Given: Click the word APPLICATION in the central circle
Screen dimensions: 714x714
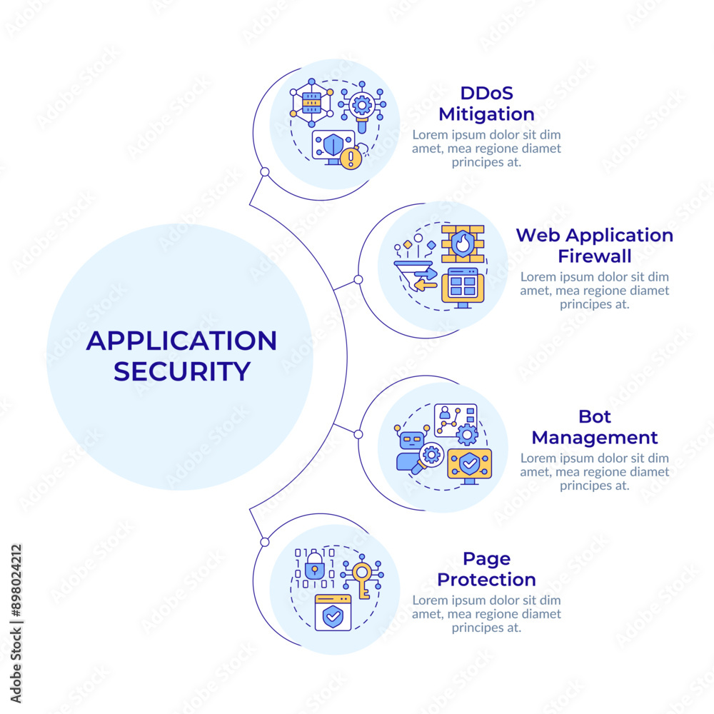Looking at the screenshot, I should [181, 341].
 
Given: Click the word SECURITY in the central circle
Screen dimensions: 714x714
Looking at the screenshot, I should [181, 372].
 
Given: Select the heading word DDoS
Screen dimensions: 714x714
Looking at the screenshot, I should [486, 94].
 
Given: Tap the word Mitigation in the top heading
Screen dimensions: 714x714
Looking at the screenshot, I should [486, 114].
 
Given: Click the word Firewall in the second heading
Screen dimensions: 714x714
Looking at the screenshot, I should [594, 256].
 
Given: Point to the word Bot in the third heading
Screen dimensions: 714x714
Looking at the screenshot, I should [594, 416].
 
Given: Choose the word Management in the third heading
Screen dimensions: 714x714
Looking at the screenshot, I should [594, 437].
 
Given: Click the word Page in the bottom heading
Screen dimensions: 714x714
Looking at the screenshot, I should [486, 558].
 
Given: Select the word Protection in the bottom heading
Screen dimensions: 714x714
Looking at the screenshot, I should [486, 579].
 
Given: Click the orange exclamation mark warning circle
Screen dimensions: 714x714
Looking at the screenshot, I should [349, 159].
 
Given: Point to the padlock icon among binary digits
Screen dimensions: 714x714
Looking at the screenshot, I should [314, 568].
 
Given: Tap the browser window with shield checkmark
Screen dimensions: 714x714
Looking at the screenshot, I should [333, 613].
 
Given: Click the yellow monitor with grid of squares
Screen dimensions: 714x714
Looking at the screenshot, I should [462, 287].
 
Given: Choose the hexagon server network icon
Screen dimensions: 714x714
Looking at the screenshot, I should [311, 104].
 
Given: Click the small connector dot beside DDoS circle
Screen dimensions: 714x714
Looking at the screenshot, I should [264, 172].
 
